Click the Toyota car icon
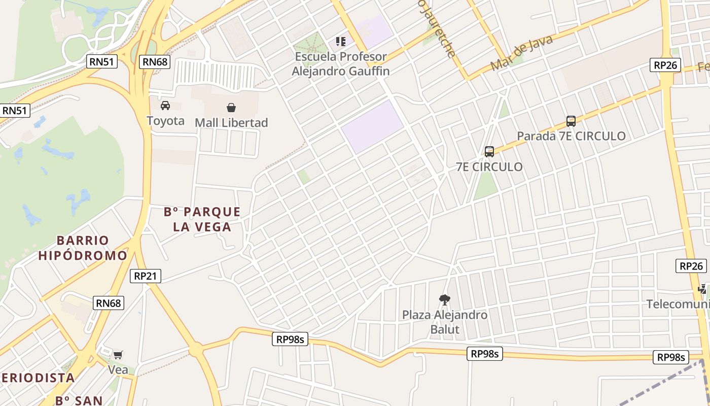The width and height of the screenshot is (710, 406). coord(165,106)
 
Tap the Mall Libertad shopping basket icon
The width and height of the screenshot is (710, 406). coord(231,107)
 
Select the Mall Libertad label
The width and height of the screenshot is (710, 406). coord(231,123)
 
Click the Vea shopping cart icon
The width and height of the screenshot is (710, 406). coord(118,355)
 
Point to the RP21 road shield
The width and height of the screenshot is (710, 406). coord(146,276)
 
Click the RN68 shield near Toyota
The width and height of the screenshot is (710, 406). coord(155,62)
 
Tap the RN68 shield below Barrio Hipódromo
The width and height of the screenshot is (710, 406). coord(109,303)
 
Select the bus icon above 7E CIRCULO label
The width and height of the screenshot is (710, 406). coord(489,151)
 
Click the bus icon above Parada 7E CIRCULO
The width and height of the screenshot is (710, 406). coord(571,121)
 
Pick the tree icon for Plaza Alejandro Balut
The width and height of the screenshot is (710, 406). coord(445,299)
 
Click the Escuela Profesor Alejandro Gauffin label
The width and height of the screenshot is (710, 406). coord(341,64)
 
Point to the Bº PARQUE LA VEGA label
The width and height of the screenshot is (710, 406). coord(202,219)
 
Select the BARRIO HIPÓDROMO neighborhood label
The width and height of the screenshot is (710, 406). coord(83,248)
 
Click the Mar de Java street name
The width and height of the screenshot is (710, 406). coord(521,53)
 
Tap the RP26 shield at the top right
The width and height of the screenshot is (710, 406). coord(665,65)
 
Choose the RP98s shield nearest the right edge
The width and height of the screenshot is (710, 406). coord(671,357)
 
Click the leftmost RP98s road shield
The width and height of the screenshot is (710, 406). coord(291,339)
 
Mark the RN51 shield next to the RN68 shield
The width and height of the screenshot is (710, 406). coord(102,62)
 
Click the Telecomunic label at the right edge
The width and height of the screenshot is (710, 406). coord(678,304)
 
